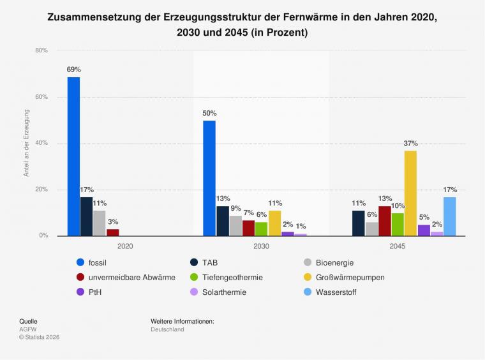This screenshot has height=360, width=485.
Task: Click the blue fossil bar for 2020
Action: pyautogui.click(x=73, y=156)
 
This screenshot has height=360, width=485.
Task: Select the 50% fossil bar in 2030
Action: pyautogui.click(x=209, y=178)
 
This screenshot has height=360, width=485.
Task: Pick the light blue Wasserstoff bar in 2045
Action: pyautogui.click(x=449, y=216)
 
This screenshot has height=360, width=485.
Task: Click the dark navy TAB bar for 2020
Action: pyautogui.click(x=86, y=216)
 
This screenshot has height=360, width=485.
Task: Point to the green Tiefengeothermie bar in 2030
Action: pyautogui.click(x=262, y=229)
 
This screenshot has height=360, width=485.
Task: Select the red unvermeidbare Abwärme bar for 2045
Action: pyautogui.click(x=384, y=221)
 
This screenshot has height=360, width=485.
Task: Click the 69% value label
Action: pyautogui.click(x=73, y=69)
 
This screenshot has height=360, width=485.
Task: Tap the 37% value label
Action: pyautogui.click(x=410, y=143)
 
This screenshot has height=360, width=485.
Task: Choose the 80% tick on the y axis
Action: pyautogui.click(x=41, y=50)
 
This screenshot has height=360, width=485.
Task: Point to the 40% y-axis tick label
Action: pyautogui.click(x=41, y=143)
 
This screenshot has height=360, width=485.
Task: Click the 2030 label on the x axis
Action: pyautogui.click(x=261, y=246)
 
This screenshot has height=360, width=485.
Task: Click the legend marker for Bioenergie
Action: pyautogui.click(x=307, y=262)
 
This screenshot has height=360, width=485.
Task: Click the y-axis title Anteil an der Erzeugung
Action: pyautogui.click(x=27, y=143)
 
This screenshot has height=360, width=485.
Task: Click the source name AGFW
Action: pyautogui.click(x=27, y=329)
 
